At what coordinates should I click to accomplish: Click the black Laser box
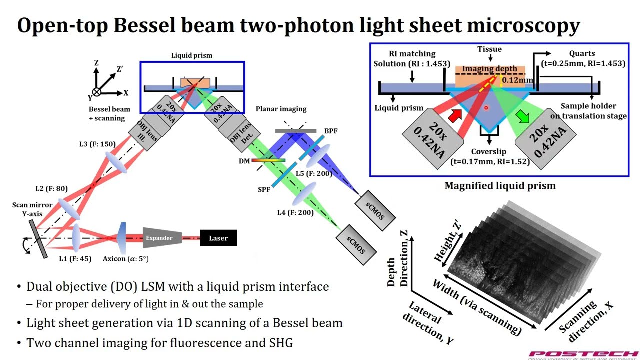218,238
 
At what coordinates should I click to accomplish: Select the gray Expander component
161,238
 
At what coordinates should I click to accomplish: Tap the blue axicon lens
122,238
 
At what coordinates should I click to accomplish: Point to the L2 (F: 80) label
51,189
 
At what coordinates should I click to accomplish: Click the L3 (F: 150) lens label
97,144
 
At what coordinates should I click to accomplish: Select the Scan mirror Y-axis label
32,209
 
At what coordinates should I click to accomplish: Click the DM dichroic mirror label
244,161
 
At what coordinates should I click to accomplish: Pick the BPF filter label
330,131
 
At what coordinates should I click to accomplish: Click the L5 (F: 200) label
314,174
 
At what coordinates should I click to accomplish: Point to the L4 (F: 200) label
296,213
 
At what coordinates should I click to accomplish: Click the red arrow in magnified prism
454,116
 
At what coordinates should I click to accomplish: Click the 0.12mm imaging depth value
517,80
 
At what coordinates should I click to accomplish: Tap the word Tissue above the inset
489,49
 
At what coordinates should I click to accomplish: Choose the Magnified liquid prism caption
500,186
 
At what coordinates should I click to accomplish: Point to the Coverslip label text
488,152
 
